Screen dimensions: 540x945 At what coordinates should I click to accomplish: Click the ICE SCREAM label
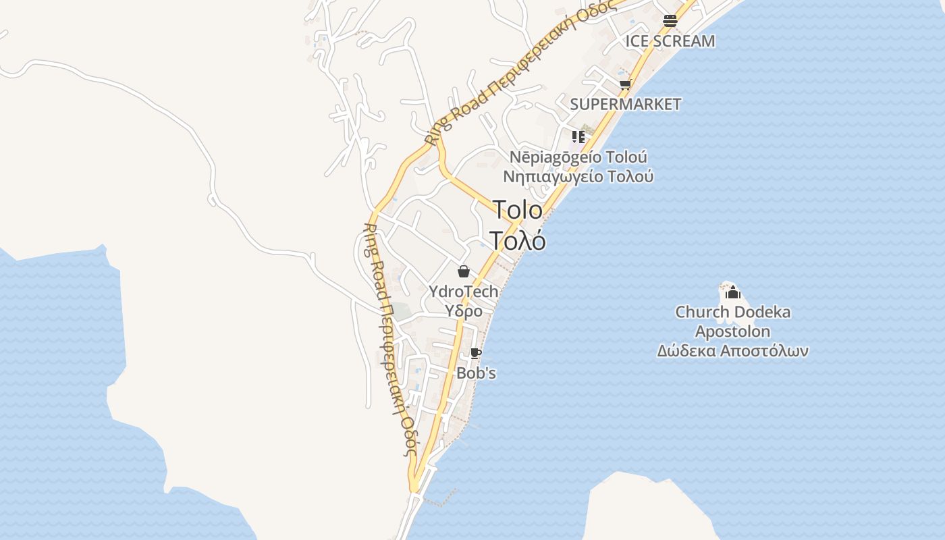[x=670, y=41]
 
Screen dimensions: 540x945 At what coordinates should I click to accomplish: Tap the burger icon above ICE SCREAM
[x=670, y=20]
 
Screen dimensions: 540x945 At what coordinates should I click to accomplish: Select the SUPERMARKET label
[x=625, y=104]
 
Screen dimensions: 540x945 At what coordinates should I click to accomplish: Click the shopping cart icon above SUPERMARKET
[x=625, y=84]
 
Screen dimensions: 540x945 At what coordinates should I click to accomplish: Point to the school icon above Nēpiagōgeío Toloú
[x=578, y=137]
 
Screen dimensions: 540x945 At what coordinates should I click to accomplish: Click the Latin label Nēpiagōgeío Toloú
[x=578, y=157]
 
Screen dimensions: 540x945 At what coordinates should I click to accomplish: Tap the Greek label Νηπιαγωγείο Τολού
[x=578, y=177]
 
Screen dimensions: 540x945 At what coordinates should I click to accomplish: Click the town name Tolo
[x=518, y=210]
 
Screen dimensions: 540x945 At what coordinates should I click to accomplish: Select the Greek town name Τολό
[x=518, y=240]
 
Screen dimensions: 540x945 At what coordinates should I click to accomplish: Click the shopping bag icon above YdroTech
[x=464, y=271]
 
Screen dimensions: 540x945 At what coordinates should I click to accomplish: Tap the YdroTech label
[x=464, y=292]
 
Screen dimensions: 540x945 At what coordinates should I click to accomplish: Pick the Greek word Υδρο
[x=464, y=311]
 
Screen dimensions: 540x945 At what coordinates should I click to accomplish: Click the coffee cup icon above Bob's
[x=476, y=353]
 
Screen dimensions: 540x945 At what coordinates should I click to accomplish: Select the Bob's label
[x=476, y=373]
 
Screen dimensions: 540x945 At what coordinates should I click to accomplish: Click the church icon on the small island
[x=732, y=292]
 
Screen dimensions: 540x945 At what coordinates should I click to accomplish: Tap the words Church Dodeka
[x=732, y=313]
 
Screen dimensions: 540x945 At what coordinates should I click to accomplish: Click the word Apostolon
[x=732, y=331]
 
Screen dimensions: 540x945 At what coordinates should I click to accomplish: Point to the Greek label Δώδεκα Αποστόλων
[x=732, y=351]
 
